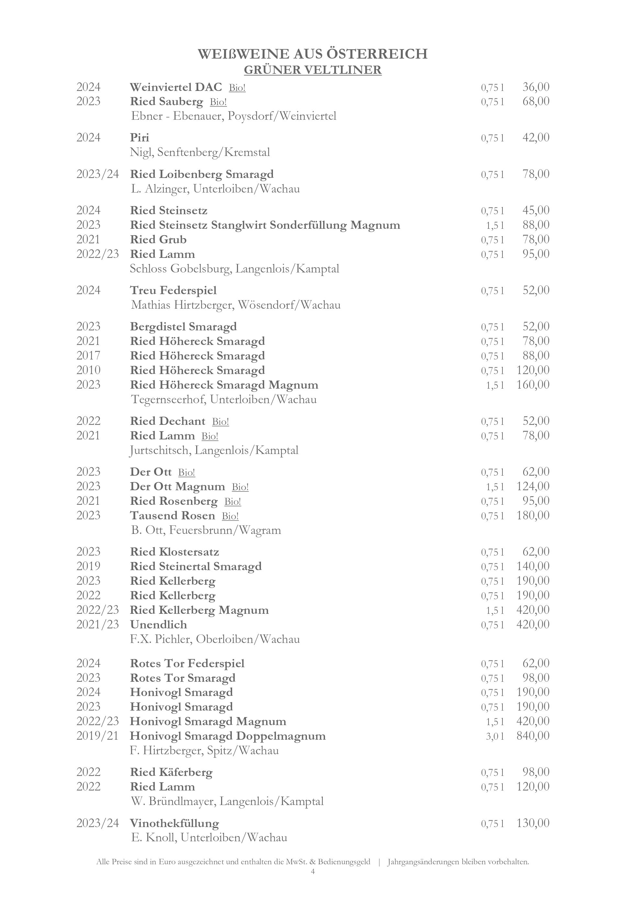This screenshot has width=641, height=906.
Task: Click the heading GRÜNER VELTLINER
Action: point(313,70)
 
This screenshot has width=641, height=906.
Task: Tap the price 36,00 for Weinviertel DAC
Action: point(535,87)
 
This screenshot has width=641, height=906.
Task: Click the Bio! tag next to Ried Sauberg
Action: point(218,102)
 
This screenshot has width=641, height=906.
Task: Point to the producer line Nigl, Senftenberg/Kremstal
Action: point(200,152)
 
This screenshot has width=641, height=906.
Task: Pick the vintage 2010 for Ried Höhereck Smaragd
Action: point(88,370)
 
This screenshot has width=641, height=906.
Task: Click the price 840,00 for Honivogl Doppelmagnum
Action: point(533,735)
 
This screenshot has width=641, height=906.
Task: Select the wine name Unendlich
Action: point(159,624)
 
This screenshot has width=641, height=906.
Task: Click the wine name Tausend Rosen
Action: point(173,515)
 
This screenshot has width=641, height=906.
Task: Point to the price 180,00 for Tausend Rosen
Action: point(533,515)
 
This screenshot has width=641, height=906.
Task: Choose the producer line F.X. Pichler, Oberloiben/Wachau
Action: point(215,639)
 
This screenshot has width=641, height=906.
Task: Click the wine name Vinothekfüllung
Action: point(174,823)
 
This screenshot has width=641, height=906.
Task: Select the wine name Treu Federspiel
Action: point(173,291)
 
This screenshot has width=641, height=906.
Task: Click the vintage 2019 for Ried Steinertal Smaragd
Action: point(88,566)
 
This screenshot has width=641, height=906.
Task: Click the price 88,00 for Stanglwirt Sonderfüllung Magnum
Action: point(535,225)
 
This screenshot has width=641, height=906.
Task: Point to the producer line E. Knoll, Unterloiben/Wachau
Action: point(209,837)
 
